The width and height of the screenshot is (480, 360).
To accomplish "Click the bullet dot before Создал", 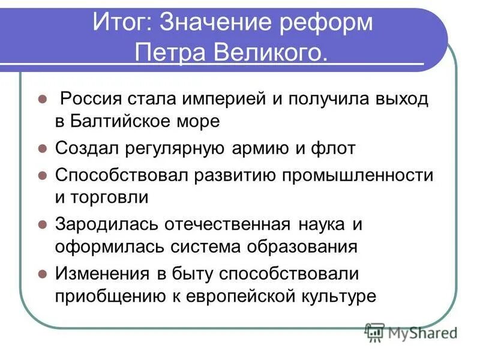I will point(42,148).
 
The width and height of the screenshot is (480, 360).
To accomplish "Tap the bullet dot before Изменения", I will point(42,274).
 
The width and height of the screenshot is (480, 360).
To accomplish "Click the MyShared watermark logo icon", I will point(374,332).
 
